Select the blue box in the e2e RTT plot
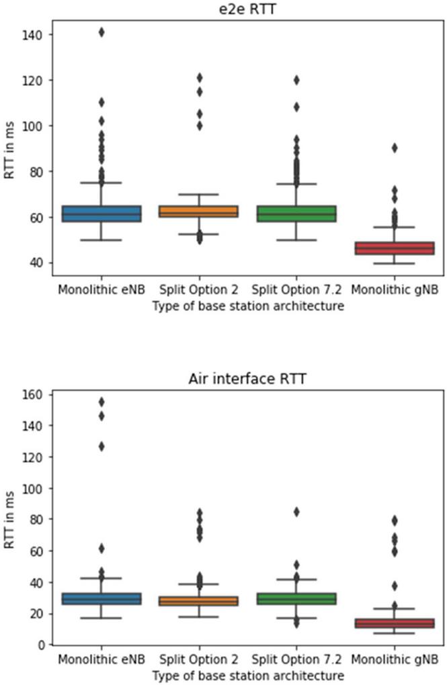click(x=101, y=214)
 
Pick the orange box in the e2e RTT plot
click(x=199, y=212)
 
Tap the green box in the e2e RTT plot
click(x=296, y=214)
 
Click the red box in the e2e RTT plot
click(x=395, y=248)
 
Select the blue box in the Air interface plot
click(x=101, y=598)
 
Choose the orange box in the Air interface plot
click(x=199, y=601)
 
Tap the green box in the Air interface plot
click(x=296, y=598)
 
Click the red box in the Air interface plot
click(x=395, y=623)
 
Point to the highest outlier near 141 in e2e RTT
click(x=101, y=32)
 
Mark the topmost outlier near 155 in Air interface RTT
click(x=101, y=402)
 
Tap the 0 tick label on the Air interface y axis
click(x=41, y=645)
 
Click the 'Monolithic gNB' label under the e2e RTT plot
click(x=395, y=291)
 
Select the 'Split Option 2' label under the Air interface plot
click(x=199, y=661)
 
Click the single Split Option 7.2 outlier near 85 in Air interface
click(x=296, y=512)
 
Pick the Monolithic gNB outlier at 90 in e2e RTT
click(x=395, y=148)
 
